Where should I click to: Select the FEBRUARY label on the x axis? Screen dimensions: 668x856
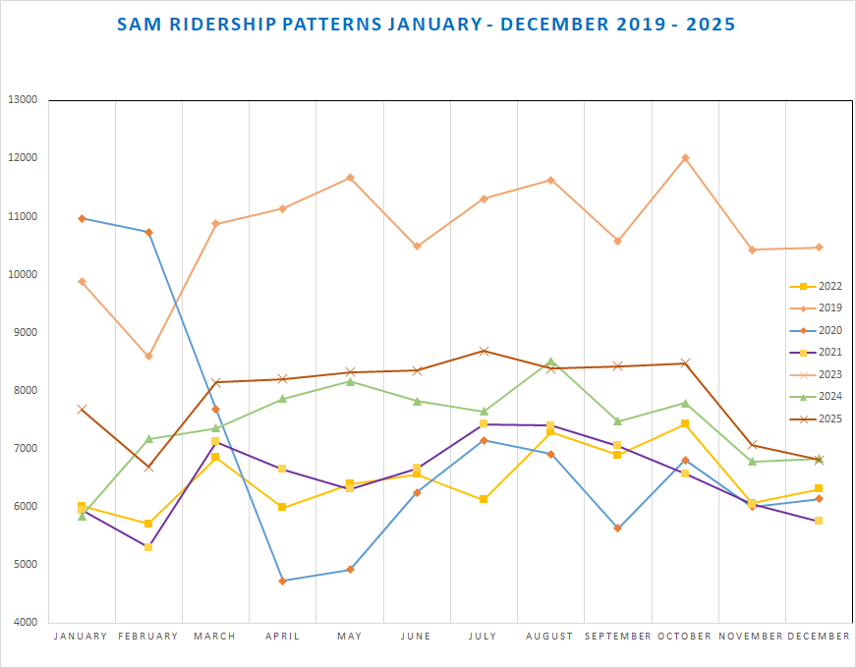coord(148,637)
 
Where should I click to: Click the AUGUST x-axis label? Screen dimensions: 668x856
coord(550,637)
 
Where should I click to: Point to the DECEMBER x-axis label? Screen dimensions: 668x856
coord(819,637)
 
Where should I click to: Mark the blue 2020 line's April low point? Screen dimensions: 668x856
coord(283,581)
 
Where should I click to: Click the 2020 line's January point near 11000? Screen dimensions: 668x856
coord(82,218)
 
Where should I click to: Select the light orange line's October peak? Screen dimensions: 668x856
coord(685,158)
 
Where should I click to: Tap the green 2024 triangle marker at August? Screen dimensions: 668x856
coord(550,362)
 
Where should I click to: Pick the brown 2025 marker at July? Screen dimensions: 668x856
coord(484,351)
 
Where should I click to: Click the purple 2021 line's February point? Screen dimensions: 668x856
coord(148,547)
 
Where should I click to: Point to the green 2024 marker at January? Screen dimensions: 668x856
coord(82,516)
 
